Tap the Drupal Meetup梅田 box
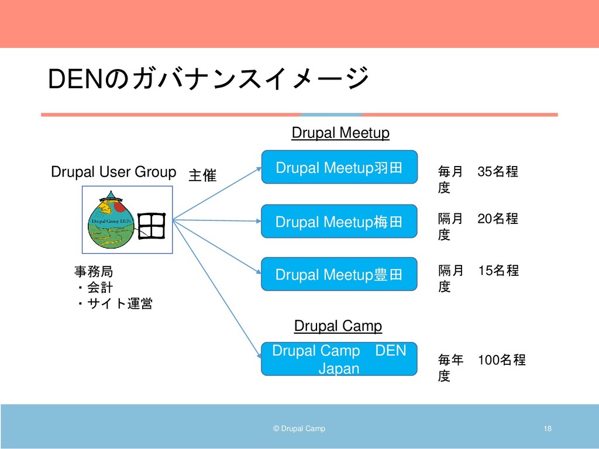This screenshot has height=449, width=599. pyautogui.click(x=339, y=222)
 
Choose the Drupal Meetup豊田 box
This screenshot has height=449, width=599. pyautogui.click(x=339, y=274)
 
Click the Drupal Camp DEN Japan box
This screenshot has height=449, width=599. pyautogui.click(x=339, y=359)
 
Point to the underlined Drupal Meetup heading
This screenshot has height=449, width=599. pyautogui.click(x=340, y=133)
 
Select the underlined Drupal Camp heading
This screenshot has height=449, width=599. pyautogui.click(x=338, y=326)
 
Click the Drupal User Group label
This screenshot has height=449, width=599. pyautogui.click(x=113, y=172)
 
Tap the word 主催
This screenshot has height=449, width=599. pyautogui.click(x=202, y=175)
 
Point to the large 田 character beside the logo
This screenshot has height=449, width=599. pyautogui.click(x=152, y=226)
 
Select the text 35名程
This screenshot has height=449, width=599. pyautogui.click(x=498, y=172)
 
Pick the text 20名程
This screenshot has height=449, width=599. pyautogui.click(x=498, y=219)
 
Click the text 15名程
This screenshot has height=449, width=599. pyautogui.click(x=498, y=271)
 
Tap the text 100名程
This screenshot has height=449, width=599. pyautogui.click(x=501, y=360)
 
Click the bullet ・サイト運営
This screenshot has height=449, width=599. pyautogui.click(x=113, y=303)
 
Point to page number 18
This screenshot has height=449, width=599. pyautogui.click(x=548, y=429)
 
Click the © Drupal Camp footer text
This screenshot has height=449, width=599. pyautogui.click(x=299, y=429)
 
